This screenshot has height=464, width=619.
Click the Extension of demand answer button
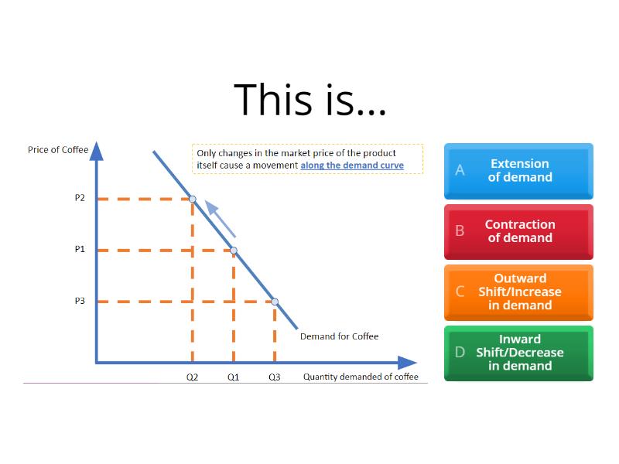click(519, 170)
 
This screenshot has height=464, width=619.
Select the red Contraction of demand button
click(519, 231)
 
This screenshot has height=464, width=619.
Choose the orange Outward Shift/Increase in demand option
click(519, 292)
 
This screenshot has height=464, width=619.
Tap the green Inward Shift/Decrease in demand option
click(519, 353)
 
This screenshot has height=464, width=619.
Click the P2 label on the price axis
click(80, 198)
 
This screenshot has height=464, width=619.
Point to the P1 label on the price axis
click(80, 250)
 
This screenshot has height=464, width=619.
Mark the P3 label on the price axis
click(80, 301)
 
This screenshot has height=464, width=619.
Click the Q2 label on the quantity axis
click(192, 377)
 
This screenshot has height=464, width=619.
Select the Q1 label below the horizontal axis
click(233, 377)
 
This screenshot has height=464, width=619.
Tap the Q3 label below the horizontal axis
click(275, 377)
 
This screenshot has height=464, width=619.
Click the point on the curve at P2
click(193, 199)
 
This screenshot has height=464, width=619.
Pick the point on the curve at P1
click(234, 250)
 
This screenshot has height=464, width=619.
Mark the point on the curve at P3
click(275, 302)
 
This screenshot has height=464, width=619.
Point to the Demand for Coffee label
click(339, 336)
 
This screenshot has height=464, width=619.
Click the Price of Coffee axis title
click(58, 149)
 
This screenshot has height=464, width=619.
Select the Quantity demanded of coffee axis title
click(361, 377)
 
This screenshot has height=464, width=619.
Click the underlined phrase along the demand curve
click(352, 165)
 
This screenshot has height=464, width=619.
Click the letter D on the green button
click(460, 353)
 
